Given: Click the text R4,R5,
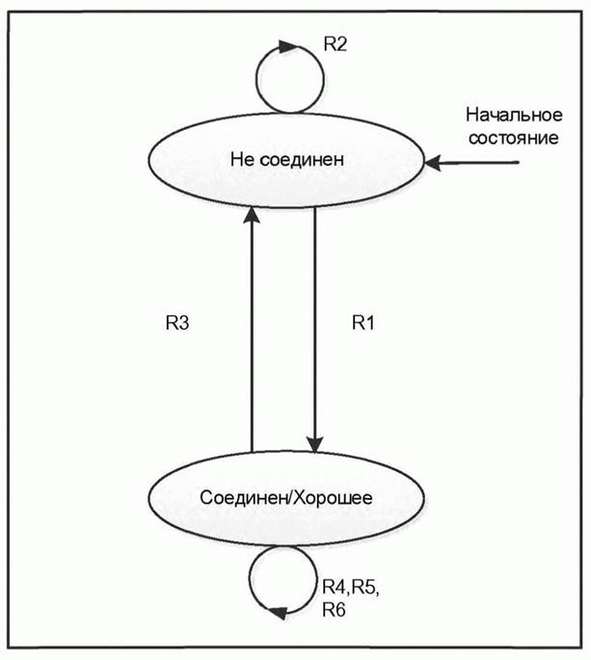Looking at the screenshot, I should (x=344, y=590).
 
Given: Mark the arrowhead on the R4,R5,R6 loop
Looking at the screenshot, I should (x=279, y=613).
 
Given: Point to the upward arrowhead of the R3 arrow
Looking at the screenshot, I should (x=251, y=215).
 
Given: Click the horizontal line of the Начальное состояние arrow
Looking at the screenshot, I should (x=482, y=161).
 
